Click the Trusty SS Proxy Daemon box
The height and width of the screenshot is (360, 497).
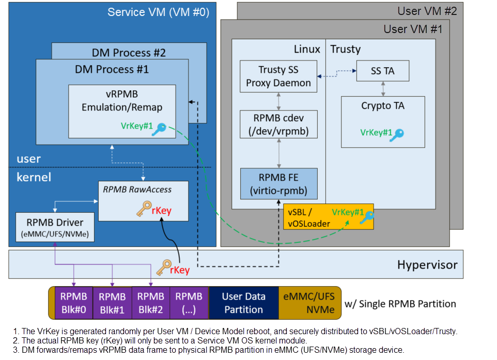coord(278,76)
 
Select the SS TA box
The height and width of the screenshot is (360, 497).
coord(383,71)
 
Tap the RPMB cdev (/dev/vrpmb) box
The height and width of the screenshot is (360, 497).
coord(278,124)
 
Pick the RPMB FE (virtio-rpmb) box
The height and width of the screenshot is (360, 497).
coord(278,184)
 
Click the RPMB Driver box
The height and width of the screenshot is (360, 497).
coord(55,227)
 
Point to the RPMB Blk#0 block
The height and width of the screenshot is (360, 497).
coord(74,303)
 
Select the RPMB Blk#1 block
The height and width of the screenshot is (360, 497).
coord(112,303)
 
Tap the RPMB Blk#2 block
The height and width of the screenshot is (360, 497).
coord(150,303)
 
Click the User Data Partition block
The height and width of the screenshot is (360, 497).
coord(244,303)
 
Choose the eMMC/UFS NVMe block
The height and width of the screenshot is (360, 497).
coord(309,303)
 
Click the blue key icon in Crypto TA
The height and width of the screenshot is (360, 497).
coord(397,135)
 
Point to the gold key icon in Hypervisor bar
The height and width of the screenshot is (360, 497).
coord(164,268)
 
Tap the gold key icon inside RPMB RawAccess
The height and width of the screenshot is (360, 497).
coord(144,209)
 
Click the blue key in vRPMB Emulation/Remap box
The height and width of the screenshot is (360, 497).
coord(159,129)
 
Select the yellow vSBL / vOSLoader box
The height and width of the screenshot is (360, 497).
coord(329,217)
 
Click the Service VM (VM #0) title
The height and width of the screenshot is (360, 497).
coord(158,12)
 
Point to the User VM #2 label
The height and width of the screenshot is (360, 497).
coord(427,11)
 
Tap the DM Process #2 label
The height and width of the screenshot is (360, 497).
coord(129,53)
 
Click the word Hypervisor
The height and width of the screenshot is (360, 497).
coord(427,264)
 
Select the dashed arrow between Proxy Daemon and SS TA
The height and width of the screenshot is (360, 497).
coord(337,73)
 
